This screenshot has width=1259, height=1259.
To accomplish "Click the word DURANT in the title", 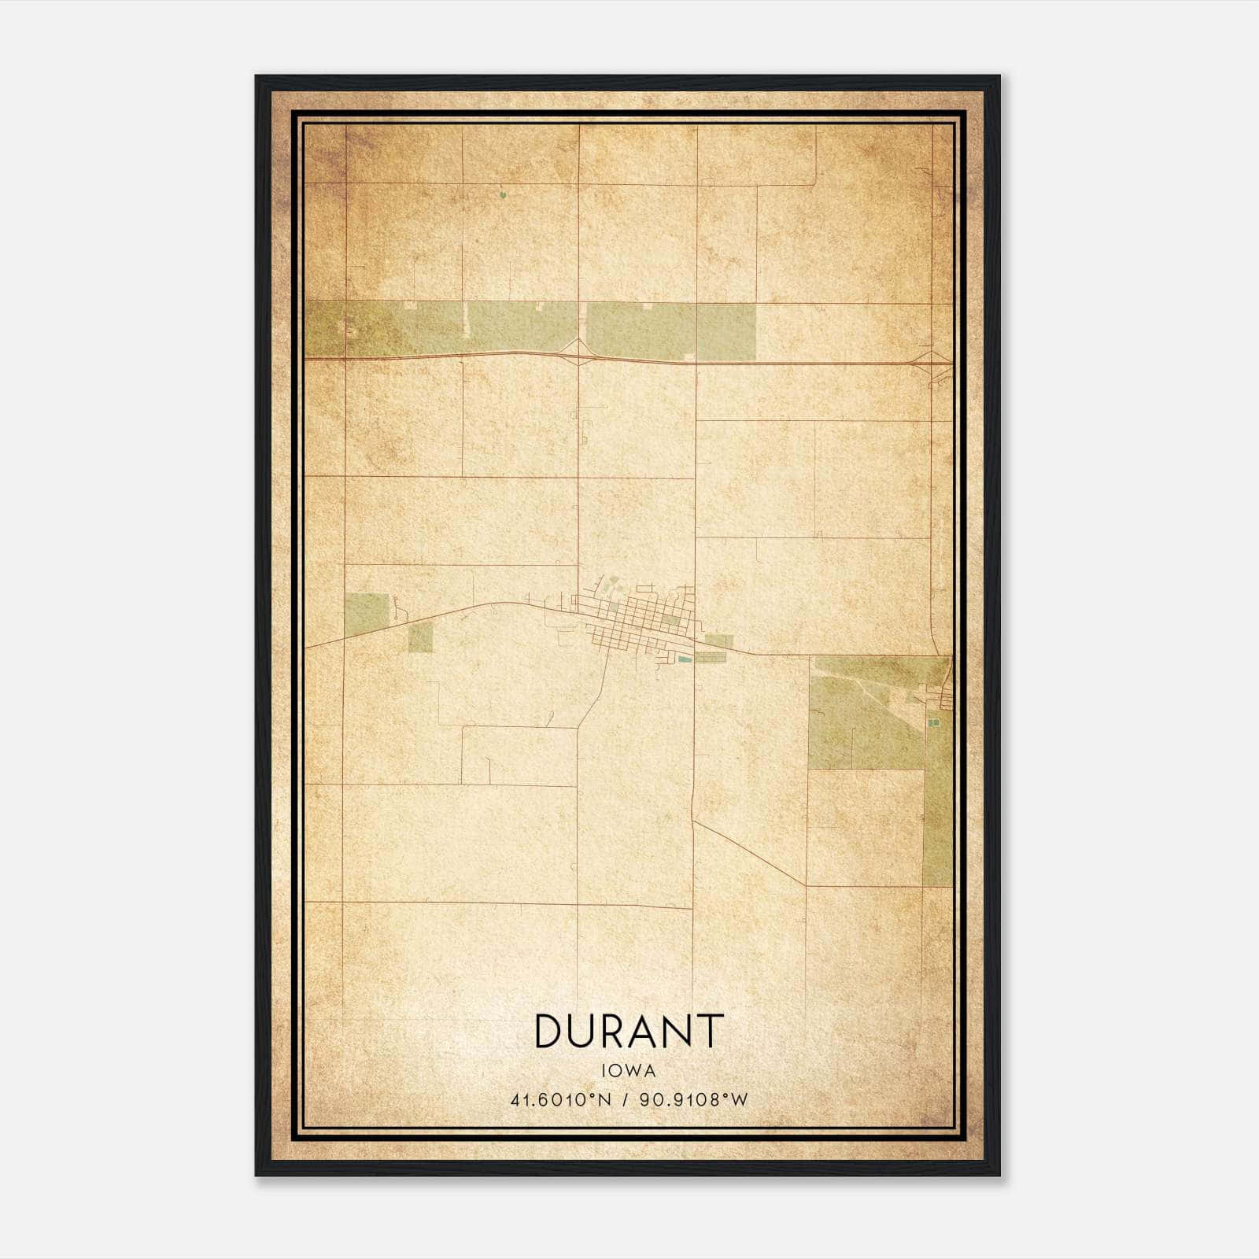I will (x=628, y=1031).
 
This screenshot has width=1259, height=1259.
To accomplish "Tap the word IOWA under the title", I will (x=628, y=1071).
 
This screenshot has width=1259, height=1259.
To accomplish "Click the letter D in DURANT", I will (x=548, y=1031).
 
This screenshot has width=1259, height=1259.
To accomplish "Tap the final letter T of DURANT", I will (x=710, y=1031).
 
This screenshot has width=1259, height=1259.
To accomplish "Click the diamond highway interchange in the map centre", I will (x=578, y=353).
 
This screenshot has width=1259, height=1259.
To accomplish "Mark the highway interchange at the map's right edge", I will (x=932, y=364).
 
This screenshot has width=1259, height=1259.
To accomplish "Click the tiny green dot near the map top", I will (x=502, y=192).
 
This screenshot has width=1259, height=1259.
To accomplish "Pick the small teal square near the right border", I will (x=934, y=722).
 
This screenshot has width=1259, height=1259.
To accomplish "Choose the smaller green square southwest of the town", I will (x=420, y=637).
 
